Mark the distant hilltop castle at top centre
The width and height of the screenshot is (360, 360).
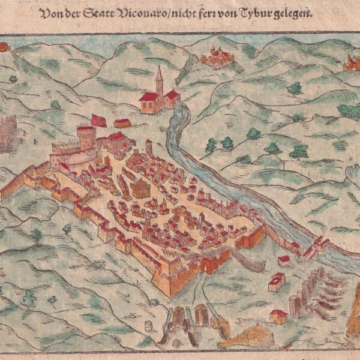click(x=216, y=57)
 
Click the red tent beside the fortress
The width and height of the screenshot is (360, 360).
click(x=98, y=120)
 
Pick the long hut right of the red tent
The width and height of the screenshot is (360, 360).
click(x=122, y=123)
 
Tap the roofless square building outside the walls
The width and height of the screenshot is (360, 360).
click(x=277, y=281)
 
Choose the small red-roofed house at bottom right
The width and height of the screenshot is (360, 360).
click(x=278, y=316)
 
